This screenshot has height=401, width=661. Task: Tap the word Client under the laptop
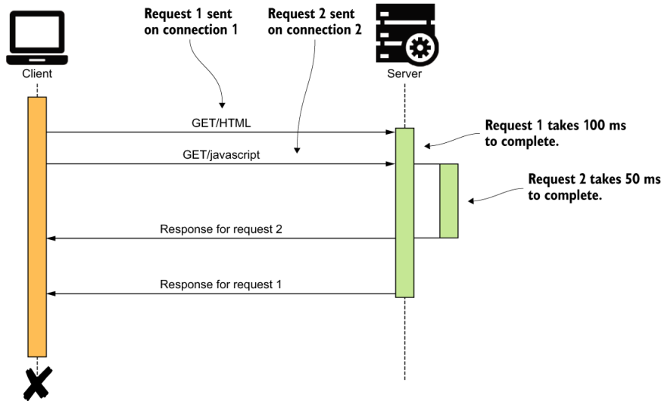coord(37,74)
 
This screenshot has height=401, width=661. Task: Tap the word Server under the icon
coord(404,74)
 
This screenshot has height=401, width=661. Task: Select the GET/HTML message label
coord(221,123)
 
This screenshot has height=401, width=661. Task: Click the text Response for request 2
coord(221,229)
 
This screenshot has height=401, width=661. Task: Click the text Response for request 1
coord(221,284)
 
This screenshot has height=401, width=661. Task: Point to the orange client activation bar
coord(37,227)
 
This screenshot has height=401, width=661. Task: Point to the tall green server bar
coord(404,212)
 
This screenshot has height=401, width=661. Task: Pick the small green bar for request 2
coord(449,201)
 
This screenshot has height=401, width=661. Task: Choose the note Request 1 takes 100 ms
coord(555,132)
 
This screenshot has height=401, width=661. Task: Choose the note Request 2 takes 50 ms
coord(594,186)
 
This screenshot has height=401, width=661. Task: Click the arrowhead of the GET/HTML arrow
coord(391,132)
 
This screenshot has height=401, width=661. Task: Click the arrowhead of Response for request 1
coord(51,294)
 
